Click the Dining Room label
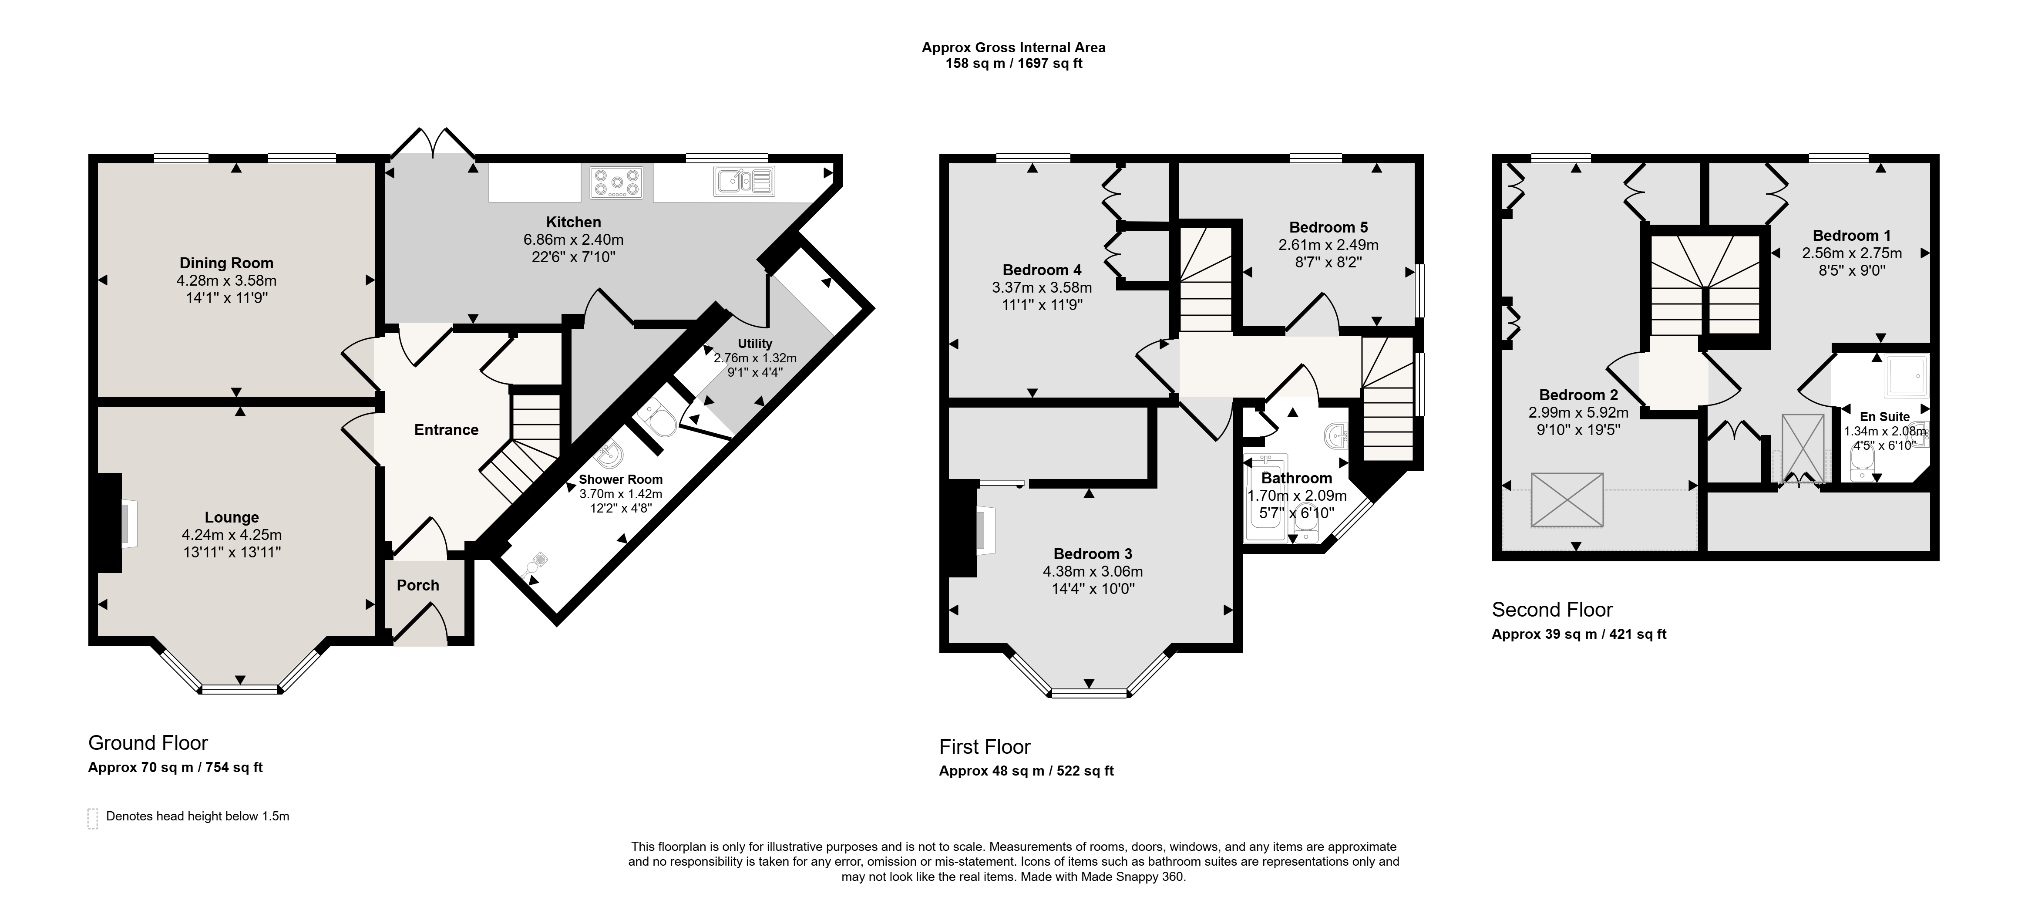point(227,263)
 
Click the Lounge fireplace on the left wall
point(109,523)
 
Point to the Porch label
point(418,585)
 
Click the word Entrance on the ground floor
point(446,430)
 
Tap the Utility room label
point(755,343)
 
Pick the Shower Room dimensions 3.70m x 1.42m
point(621,494)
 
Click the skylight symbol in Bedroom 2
point(1567,499)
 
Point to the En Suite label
point(1885,417)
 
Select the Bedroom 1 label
point(1852,236)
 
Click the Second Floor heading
point(1553,610)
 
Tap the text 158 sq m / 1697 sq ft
point(1014,64)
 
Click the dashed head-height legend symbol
point(93,818)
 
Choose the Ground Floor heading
point(148,742)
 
